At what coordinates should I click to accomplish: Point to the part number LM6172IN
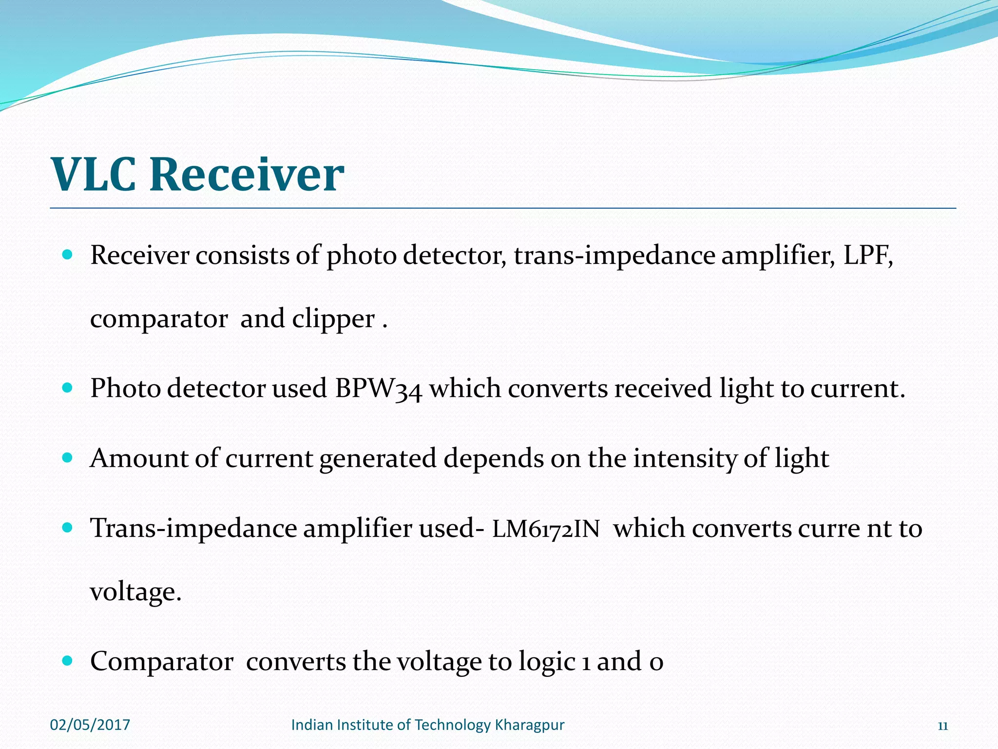coord(546,530)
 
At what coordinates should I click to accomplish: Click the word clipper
coord(333,320)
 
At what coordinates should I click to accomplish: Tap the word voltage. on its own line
coord(135,592)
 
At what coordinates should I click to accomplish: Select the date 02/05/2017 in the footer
coord(90,725)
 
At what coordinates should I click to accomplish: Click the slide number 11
coord(942,726)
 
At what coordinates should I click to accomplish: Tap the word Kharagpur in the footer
coord(529,725)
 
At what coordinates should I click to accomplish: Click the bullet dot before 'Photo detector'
coord(68,388)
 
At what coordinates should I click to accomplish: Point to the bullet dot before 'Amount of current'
coord(68,458)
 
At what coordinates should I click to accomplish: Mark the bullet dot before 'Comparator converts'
coord(68,661)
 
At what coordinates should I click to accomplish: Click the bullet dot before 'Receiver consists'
coord(68,255)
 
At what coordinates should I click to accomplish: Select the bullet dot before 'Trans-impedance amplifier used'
coord(68,528)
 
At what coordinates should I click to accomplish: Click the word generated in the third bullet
coord(378,459)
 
